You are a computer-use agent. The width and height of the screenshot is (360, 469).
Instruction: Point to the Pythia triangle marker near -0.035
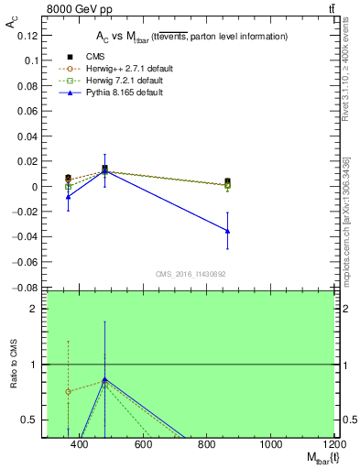tap(227, 231)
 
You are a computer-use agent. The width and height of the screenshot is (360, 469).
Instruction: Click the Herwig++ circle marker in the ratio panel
tap(69, 391)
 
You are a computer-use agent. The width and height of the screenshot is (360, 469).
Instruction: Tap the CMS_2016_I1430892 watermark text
tap(191, 273)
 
